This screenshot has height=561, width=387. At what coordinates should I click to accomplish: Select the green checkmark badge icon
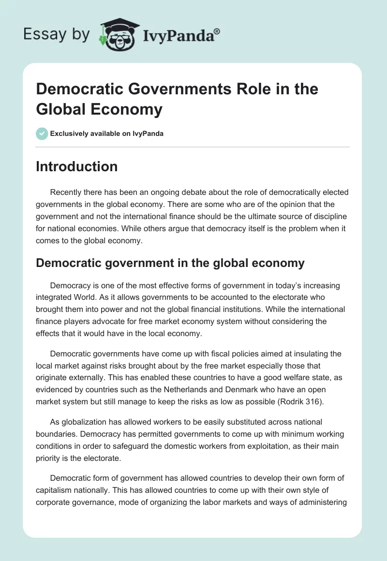[x=42, y=133]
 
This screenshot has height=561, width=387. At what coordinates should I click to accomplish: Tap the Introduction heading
[x=77, y=167]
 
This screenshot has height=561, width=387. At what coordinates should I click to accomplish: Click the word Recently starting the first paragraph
[x=68, y=192]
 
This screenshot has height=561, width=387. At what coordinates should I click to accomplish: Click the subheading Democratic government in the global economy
[x=170, y=263]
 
